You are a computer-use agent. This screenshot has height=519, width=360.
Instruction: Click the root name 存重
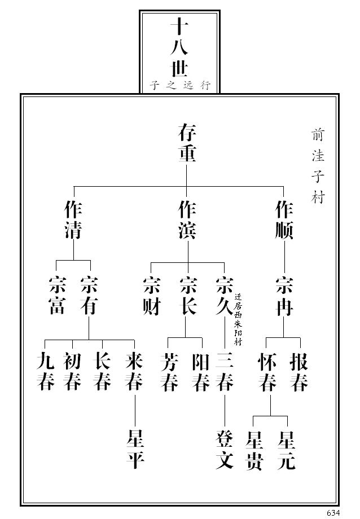pyautogui.click(x=187, y=143)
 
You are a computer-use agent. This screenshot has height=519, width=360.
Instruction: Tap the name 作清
pyautogui.click(x=73, y=221)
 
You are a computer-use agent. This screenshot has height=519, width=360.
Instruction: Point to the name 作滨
pyautogui.click(x=187, y=221)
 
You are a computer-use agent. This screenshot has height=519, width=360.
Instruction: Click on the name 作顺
pyautogui.click(x=284, y=221)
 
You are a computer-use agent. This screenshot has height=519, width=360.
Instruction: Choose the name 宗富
pyautogui.click(x=56, y=296)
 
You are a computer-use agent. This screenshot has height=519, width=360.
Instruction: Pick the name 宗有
pyautogui.click(x=89, y=296)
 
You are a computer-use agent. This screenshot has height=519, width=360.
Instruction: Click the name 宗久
pyautogui.click(x=225, y=296)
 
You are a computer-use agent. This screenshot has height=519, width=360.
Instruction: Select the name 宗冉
pyautogui.click(x=284, y=296)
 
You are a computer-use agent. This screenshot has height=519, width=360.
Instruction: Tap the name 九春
pyautogui.click(x=46, y=371)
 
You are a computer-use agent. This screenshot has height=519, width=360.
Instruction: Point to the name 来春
pyautogui.click(x=134, y=371)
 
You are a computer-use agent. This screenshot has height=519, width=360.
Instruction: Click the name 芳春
pyautogui.click(x=169, y=371)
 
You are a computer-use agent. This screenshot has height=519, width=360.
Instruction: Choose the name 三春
pyautogui.click(x=225, y=371)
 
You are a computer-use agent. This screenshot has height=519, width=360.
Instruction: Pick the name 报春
pyautogui.click(x=299, y=371)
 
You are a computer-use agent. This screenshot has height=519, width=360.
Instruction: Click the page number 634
pyautogui.click(x=333, y=512)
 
